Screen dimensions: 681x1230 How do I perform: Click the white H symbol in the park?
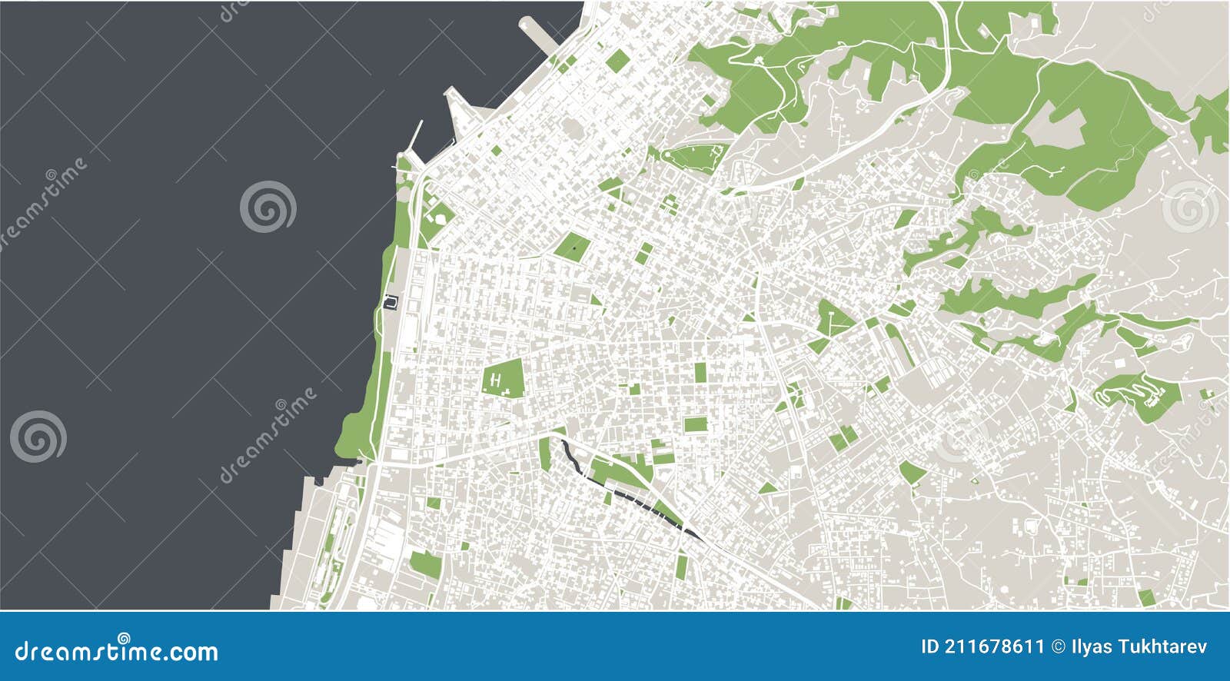[x=497, y=379]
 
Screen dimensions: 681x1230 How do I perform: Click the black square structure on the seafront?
[x=391, y=302]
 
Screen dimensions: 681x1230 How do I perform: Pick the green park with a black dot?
[x=573, y=247]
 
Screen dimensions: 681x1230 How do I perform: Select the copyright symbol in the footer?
[x=1057, y=646]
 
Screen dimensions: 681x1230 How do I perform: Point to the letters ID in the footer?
[x=930, y=646]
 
